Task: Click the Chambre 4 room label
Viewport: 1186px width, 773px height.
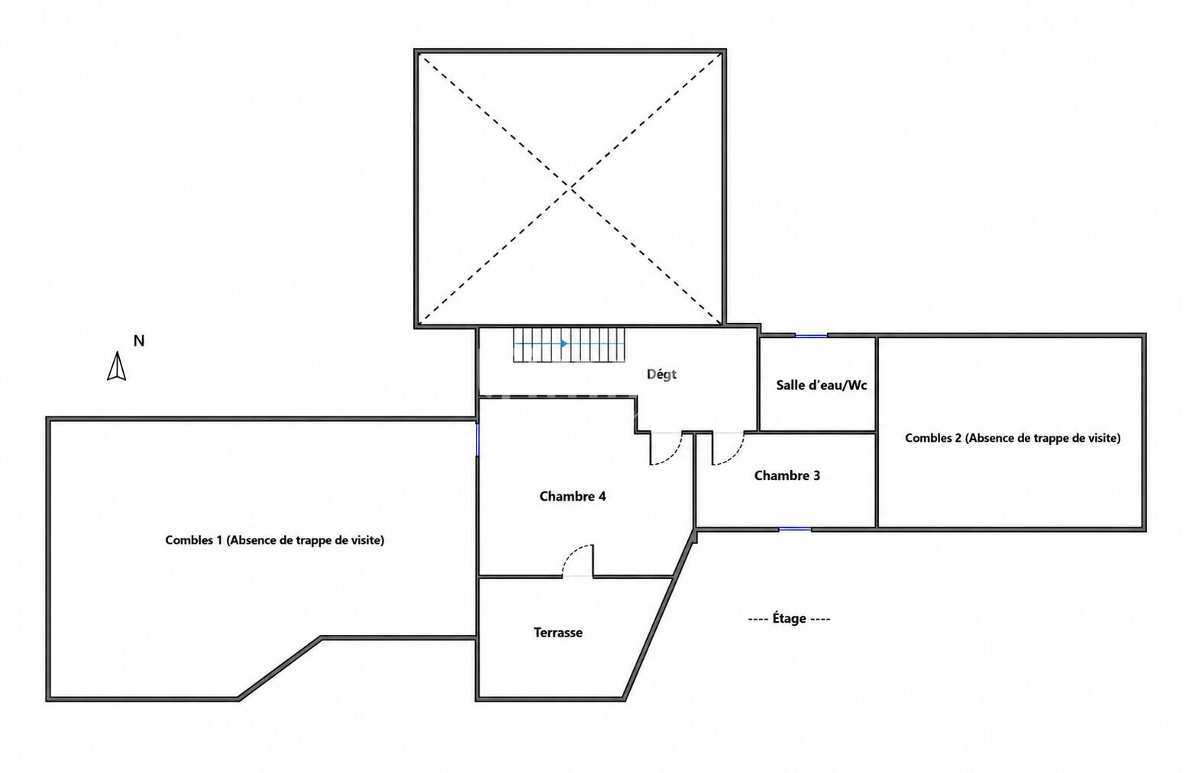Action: tap(572, 496)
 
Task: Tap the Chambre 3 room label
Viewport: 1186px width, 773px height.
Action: tap(787, 475)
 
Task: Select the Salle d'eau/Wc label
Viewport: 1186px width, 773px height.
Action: tap(821, 385)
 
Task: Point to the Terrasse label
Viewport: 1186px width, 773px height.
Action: tap(558, 633)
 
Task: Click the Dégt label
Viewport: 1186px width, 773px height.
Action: tap(662, 375)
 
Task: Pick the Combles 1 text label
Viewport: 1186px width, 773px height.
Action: tap(275, 540)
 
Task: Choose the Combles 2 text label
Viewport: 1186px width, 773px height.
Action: tap(1013, 438)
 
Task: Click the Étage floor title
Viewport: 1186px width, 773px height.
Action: tap(789, 618)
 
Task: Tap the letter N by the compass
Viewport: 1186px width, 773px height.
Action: tap(139, 341)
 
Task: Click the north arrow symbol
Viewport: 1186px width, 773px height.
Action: tap(117, 366)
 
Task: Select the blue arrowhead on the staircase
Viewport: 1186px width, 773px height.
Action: tap(564, 344)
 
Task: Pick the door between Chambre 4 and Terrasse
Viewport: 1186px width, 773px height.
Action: tap(577, 560)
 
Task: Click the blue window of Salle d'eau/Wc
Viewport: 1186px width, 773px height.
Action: tap(811, 336)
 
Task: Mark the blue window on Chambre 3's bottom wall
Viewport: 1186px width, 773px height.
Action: tap(795, 529)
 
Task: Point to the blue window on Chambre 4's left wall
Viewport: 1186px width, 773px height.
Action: tap(477, 439)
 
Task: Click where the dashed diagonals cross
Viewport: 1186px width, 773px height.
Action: tap(570, 188)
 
